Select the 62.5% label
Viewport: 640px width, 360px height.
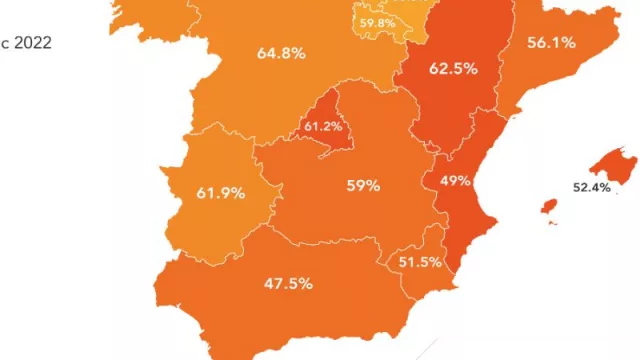tap(452, 70)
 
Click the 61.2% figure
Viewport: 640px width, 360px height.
tap(323, 127)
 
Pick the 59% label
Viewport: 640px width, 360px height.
tap(363, 185)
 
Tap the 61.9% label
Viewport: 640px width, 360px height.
tap(221, 192)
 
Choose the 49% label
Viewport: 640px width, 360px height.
tap(455, 181)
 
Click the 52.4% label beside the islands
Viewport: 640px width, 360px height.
tap(591, 187)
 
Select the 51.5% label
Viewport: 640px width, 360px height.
tap(420, 262)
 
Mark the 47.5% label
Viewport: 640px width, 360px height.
tap(288, 283)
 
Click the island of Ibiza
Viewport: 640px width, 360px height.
tap(548, 206)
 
